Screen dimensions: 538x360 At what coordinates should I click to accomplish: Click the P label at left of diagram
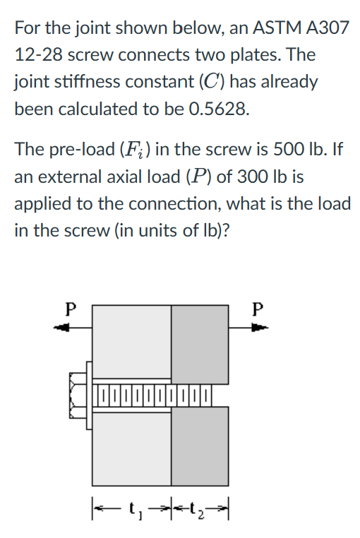click(x=68, y=309)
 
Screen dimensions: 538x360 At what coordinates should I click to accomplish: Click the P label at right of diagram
click(x=258, y=309)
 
